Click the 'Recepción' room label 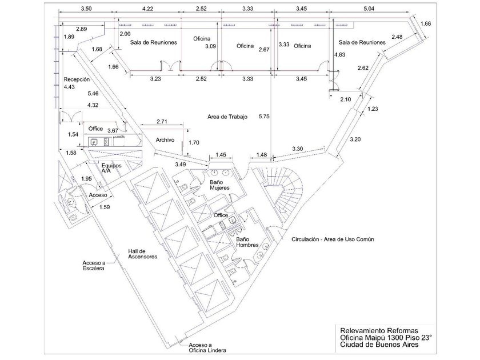pyautogui.click(x=77, y=80)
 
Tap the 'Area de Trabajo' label pyautogui.click(x=227, y=117)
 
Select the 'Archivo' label pyautogui.click(x=165, y=140)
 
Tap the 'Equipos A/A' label pyautogui.click(x=109, y=167)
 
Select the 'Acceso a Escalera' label pyautogui.click(x=92, y=266)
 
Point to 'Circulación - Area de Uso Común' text pyautogui.click(x=332, y=239)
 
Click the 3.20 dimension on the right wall pyautogui.click(x=355, y=139)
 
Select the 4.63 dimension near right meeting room pyautogui.click(x=341, y=55)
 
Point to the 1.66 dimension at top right pyautogui.click(x=425, y=23)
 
